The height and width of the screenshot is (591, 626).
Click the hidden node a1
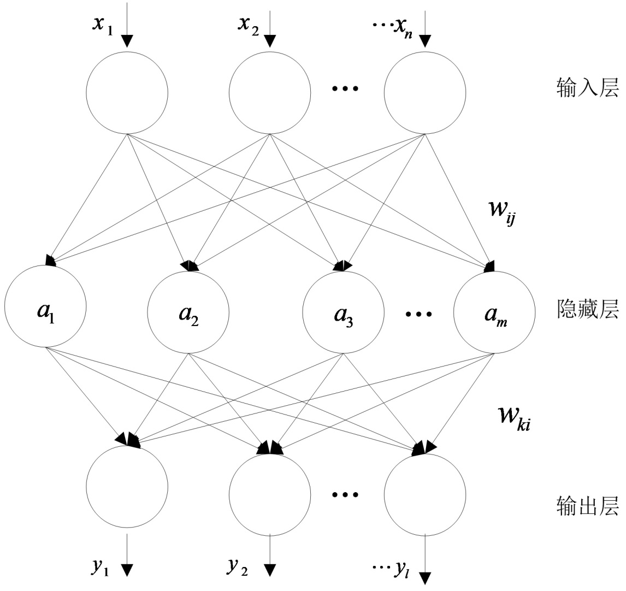pyautogui.click(x=46, y=314)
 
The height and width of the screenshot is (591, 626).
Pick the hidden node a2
pyautogui.click(x=188, y=314)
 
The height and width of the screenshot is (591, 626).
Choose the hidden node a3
pyautogui.click(x=343, y=314)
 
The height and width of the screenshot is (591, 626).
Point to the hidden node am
pyautogui.click(x=494, y=314)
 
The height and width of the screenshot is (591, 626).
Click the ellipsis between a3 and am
pyautogui.click(x=419, y=314)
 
